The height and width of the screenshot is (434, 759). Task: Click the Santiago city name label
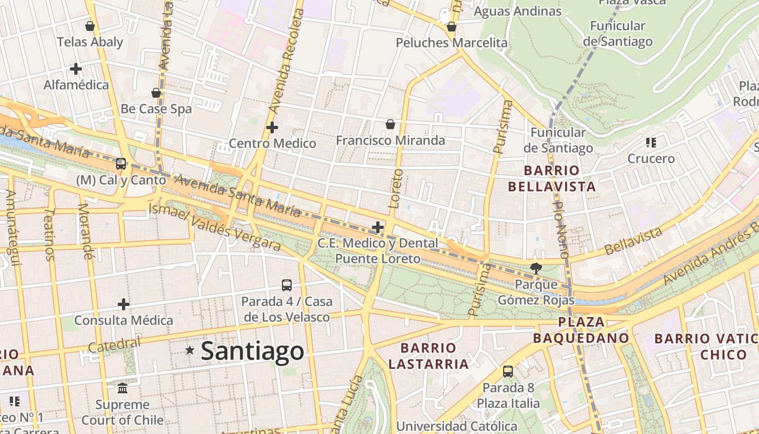coord(253,350)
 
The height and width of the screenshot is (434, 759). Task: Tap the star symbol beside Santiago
coord(190,350)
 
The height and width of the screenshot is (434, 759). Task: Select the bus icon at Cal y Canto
coord(121,163)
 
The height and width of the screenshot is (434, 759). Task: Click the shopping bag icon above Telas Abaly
coord(90,25)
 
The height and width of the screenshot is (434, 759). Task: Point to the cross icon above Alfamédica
coord(76,69)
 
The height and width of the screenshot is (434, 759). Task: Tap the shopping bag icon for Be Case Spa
coord(156,93)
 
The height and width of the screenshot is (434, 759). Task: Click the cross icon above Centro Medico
coord(272,127)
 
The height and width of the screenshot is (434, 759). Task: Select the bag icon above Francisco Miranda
coord(390,124)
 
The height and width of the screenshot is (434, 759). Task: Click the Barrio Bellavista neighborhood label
coord(552,178)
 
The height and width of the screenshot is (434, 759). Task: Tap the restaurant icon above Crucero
coord(651,143)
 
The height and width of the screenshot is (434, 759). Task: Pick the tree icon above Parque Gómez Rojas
coord(536,267)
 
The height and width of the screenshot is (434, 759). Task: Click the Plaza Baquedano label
coord(581,330)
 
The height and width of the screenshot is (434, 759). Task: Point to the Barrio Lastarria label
coord(428,355)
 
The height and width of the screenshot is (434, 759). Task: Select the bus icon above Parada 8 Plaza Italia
coord(508,372)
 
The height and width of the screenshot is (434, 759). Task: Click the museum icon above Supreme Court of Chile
coord(123,388)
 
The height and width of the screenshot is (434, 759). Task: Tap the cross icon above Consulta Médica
coord(124,304)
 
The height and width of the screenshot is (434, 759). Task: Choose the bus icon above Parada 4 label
coord(287,285)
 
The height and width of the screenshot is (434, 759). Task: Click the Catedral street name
coord(114,344)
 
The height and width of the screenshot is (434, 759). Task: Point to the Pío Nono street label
coord(560,228)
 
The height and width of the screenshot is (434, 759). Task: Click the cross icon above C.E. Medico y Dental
coord(378,227)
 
